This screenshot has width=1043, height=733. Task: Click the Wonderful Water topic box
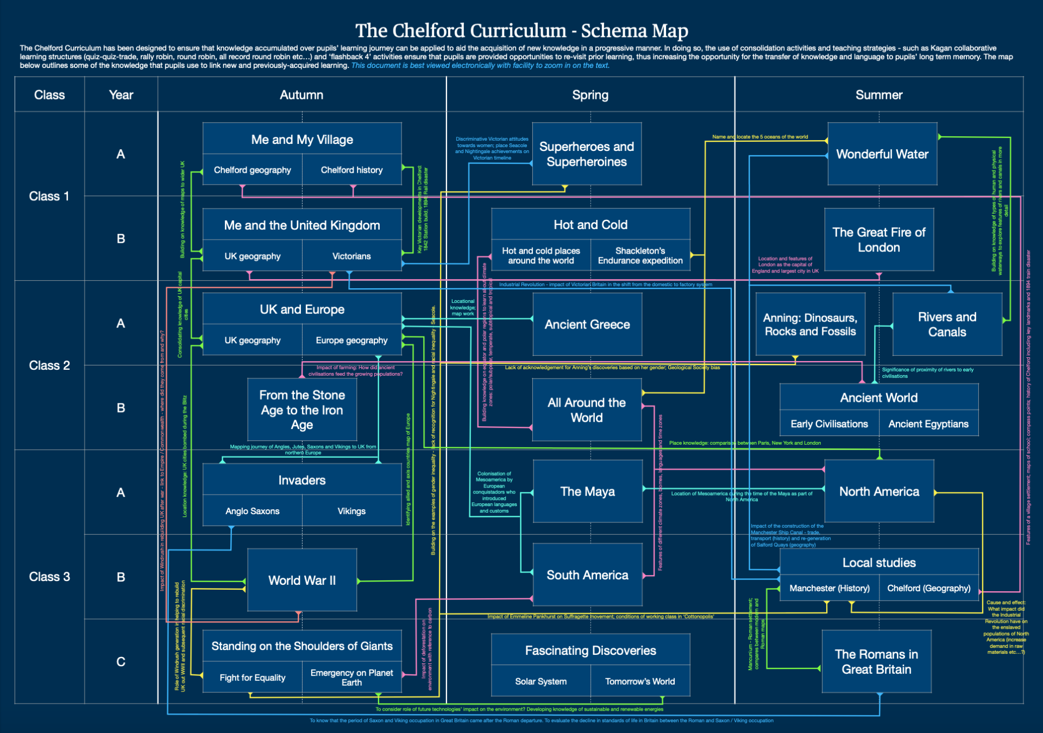coord(882,154)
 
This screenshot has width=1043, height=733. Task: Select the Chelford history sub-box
coord(351,170)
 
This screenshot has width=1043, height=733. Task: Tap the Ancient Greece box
coord(587,324)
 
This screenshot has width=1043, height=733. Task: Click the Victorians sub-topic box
coord(351,256)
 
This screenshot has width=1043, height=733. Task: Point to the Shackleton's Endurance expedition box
coord(640,256)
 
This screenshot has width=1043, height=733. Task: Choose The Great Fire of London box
coord(879,239)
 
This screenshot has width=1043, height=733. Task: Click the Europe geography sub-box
coord(351,340)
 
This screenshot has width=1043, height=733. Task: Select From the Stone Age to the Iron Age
coord(302,410)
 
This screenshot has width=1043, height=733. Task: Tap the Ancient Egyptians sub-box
coord(928,424)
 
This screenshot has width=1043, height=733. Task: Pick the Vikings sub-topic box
coord(351,511)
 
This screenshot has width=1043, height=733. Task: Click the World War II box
coord(302,580)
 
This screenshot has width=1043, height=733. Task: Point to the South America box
coord(587,575)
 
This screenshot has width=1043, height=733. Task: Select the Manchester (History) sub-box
coord(830,588)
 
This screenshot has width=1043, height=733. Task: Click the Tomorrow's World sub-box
coord(640,681)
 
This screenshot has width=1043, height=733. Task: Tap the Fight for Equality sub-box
coord(253,678)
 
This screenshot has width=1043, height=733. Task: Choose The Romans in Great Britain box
coord(876,661)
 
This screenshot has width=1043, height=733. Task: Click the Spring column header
coord(590,95)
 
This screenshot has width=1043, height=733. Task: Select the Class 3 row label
coord(49,577)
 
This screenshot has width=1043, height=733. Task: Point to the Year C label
coord(121,661)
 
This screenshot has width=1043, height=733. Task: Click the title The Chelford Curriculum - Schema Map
coord(521,30)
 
